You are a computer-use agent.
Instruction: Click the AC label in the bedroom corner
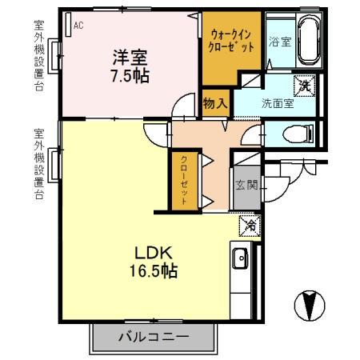[78, 26]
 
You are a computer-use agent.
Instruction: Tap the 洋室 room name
[131, 58]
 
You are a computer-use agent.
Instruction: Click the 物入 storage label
[215, 102]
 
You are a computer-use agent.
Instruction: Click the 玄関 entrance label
[246, 186]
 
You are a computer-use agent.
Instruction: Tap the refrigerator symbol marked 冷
[249, 226]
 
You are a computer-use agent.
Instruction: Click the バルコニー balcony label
[154, 337]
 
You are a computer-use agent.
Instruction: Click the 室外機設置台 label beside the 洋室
[38, 56]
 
